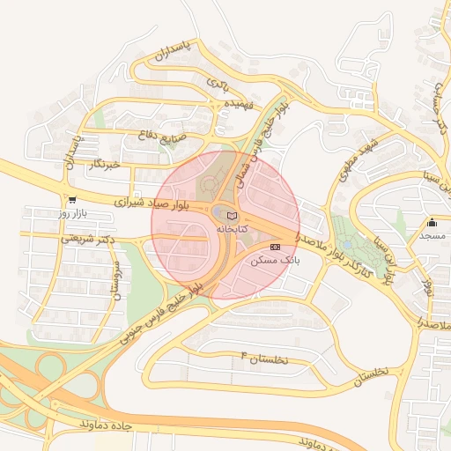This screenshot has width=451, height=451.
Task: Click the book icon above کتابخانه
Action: [x=232, y=216]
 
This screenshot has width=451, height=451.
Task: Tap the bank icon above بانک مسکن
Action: [x=276, y=247]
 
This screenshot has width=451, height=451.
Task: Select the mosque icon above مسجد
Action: [x=433, y=222]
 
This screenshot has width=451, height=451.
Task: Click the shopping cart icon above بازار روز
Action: [x=70, y=200]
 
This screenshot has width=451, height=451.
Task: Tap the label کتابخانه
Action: [x=233, y=228]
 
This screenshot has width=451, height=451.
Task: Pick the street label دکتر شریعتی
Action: [x=90, y=239]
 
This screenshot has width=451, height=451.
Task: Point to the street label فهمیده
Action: [x=239, y=104]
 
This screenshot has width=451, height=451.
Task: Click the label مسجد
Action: [x=433, y=235]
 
